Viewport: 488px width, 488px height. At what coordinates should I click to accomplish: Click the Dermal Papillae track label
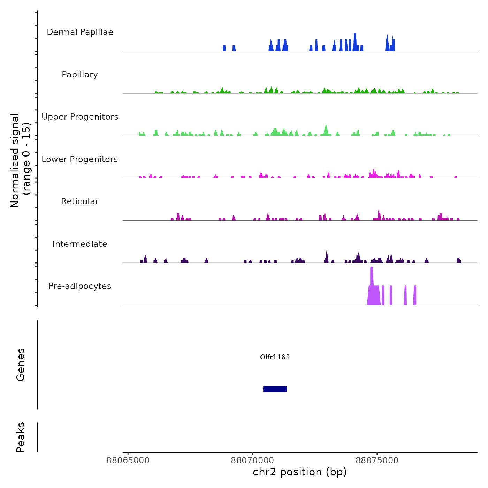click(80, 32)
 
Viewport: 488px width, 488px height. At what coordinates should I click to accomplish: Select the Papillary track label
click(80, 75)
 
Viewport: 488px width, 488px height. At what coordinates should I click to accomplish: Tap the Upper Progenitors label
click(80, 117)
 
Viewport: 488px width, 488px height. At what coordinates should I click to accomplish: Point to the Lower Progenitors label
click(80, 159)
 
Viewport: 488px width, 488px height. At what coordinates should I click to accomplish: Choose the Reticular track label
click(80, 201)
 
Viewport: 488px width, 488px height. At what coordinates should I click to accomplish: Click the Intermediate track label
click(80, 244)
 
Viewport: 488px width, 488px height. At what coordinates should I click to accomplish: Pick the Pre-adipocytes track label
click(80, 286)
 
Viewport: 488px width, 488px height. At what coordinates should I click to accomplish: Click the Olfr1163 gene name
click(275, 357)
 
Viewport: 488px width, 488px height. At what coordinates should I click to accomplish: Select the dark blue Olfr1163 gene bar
click(275, 389)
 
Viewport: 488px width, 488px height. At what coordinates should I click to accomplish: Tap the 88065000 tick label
click(128, 460)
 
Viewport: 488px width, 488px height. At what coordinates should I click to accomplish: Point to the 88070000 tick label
click(253, 460)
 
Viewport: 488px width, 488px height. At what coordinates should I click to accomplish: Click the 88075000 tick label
click(377, 460)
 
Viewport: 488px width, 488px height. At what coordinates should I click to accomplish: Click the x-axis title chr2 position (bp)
click(300, 472)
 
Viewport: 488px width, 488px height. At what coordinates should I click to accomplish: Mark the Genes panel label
click(21, 365)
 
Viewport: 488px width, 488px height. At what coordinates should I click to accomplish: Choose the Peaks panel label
click(21, 437)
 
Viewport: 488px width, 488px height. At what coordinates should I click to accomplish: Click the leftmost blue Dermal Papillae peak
click(224, 48)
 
